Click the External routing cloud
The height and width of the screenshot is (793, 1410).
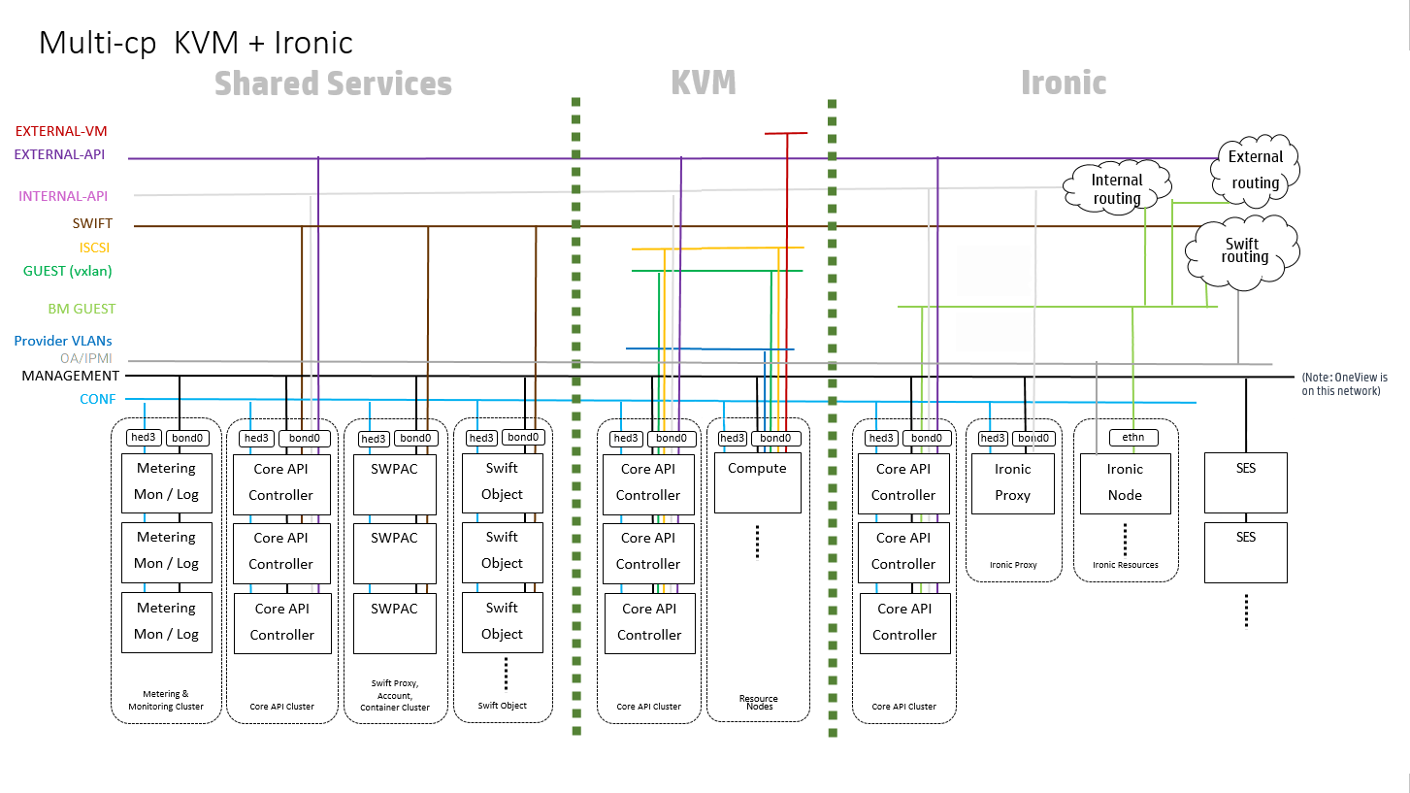(1256, 170)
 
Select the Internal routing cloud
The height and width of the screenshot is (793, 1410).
(1117, 188)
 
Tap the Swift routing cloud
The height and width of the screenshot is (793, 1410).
(1244, 250)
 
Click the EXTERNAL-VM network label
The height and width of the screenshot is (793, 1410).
(61, 131)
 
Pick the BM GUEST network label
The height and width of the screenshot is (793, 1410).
(82, 309)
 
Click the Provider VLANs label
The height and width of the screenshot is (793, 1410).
(63, 341)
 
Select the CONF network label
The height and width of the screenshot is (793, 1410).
(98, 399)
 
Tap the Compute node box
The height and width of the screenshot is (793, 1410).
(757, 481)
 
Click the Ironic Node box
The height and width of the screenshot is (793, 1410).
(1125, 481)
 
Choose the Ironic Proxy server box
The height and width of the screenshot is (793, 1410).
(1012, 481)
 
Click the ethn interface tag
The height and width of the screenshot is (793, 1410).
(1132, 438)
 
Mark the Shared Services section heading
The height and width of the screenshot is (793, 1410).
(333, 83)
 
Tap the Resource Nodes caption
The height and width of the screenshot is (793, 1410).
(758, 703)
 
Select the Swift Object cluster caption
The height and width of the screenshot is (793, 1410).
(502, 706)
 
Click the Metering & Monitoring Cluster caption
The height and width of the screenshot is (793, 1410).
(166, 700)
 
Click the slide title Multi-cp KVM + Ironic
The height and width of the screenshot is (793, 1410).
(195, 44)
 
